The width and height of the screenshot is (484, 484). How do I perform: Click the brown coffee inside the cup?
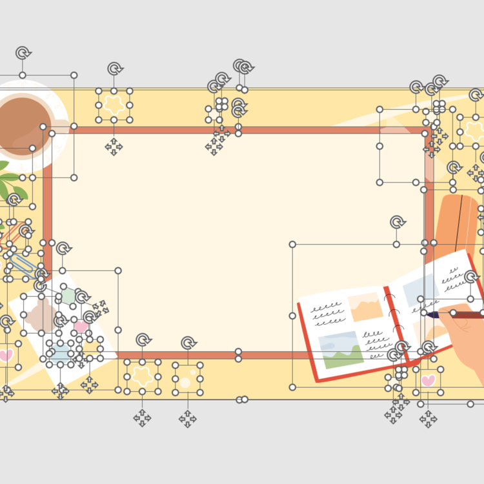click(x=25, y=123)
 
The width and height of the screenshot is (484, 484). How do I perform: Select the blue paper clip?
click(x=23, y=265)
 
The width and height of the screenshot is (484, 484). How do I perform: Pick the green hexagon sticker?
click(x=68, y=297)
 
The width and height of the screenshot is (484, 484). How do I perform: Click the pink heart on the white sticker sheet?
click(x=81, y=327)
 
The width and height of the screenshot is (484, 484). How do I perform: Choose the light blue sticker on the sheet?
click(x=61, y=351)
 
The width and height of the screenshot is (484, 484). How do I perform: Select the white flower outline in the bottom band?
click(x=142, y=377)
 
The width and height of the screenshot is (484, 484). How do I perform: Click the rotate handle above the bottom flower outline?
click(x=143, y=339)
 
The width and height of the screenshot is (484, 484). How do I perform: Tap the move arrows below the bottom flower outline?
click(x=142, y=418)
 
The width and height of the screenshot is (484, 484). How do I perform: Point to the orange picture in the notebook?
click(x=365, y=307)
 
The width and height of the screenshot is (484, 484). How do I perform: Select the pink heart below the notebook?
click(x=428, y=380)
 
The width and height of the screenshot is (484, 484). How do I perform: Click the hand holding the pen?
click(x=465, y=336)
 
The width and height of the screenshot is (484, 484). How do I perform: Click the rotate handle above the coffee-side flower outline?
click(x=114, y=68)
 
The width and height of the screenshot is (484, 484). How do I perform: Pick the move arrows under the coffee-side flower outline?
click(x=114, y=146)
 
